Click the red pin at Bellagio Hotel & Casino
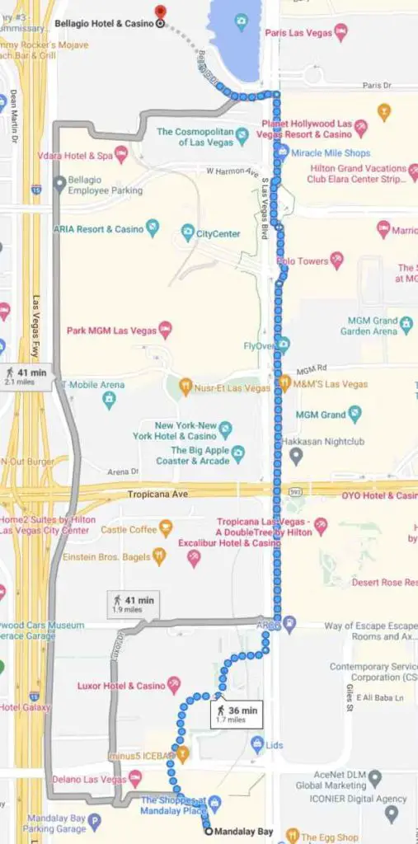point(161,11)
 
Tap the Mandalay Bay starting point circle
point(207,832)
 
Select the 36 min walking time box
point(235,714)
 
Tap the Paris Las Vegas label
point(298,33)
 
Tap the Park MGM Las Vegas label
point(109,330)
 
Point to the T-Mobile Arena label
point(92,384)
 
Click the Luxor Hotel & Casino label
point(121,685)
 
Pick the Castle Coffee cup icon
point(166,527)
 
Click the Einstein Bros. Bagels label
point(103,556)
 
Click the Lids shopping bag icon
point(256,745)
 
